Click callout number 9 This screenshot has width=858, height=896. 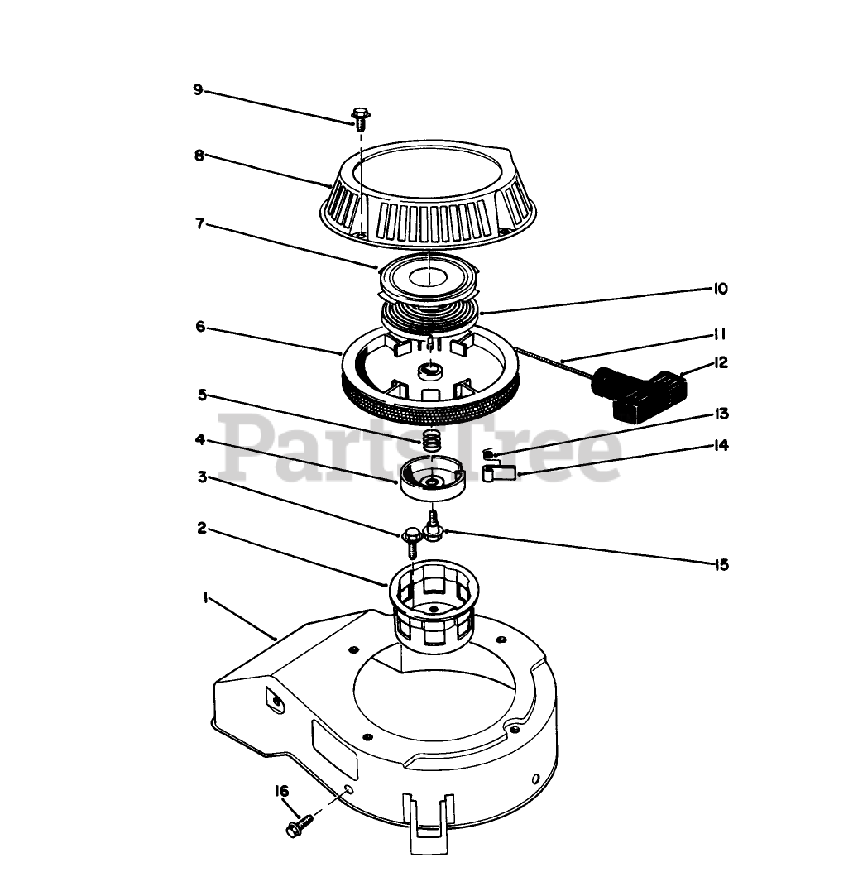pyautogui.click(x=198, y=89)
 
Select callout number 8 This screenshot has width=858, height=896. pyautogui.click(x=199, y=155)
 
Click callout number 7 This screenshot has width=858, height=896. pyautogui.click(x=199, y=224)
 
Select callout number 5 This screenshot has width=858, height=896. pyautogui.click(x=201, y=395)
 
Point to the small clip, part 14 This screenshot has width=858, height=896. pyautogui.click(x=497, y=474)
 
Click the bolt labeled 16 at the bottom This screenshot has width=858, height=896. pyautogui.click(x=299, y=823)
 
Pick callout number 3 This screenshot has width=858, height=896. pyautogui.click(x=201, y=477)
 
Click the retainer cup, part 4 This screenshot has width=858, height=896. pyautogui.click(x=433, y=477)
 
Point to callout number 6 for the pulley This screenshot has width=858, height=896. pyautogui.click(x=200, y=327)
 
